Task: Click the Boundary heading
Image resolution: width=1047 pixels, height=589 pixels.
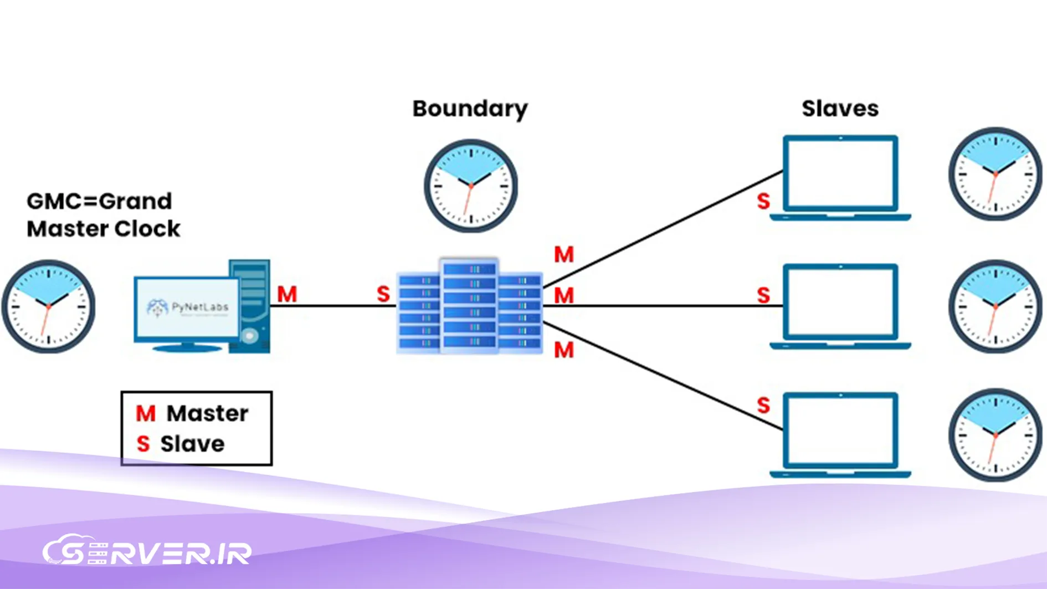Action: click(470, 109)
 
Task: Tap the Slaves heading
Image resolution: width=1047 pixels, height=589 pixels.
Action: click(840, 109)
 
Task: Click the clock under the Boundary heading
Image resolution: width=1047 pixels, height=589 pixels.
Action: click(471, 186)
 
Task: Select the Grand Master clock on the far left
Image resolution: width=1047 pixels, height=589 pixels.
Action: click(48, 306)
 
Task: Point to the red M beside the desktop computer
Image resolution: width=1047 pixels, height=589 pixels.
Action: click(287, 294)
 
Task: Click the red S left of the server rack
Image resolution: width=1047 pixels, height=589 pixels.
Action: click(383, 294)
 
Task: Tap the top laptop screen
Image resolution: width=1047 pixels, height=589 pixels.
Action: click(840, 173)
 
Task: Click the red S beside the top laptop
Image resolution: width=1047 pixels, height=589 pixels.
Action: click(763, 201)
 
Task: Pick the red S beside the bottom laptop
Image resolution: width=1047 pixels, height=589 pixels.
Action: click(763, 406)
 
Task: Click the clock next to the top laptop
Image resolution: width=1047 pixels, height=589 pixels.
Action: click(995, 174)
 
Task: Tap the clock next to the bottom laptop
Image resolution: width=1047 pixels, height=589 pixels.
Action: click(995, 435)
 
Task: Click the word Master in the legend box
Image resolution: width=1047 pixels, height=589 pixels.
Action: click(207, 413)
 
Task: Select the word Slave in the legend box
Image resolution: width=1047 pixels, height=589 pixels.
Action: click(192, 444)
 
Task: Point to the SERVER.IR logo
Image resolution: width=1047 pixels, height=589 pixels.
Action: click(147, 551)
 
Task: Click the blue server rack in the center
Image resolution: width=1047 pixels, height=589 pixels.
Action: click(470, 305)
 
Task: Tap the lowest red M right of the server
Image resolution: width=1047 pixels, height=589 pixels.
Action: click(564, 350)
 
